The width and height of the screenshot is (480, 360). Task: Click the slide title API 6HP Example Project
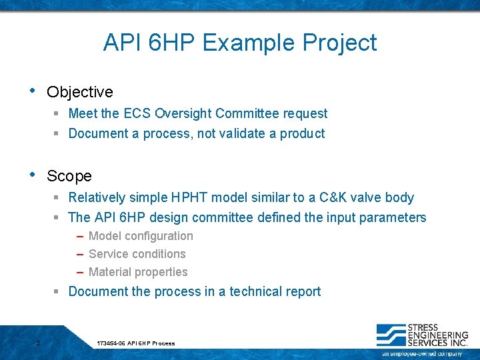[x=240, y=43]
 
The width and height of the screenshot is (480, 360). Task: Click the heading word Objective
[x=79, y=92]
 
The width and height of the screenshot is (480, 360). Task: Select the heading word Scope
[x=69, y=176]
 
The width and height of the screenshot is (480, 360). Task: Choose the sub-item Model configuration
[x=141, y=236]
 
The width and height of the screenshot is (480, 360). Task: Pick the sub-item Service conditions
[x=137, y=254]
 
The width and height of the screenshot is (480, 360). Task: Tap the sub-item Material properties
[x=138, y=272]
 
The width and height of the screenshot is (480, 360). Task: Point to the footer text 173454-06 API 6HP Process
[x=136, y=343]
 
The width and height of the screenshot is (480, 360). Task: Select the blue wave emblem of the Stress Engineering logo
[x=391, y=335]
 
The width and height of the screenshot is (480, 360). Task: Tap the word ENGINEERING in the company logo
[x=437, y=335]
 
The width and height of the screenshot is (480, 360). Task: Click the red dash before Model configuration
[x=79, y=236]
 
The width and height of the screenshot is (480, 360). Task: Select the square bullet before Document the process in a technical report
[x=57, y=292]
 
